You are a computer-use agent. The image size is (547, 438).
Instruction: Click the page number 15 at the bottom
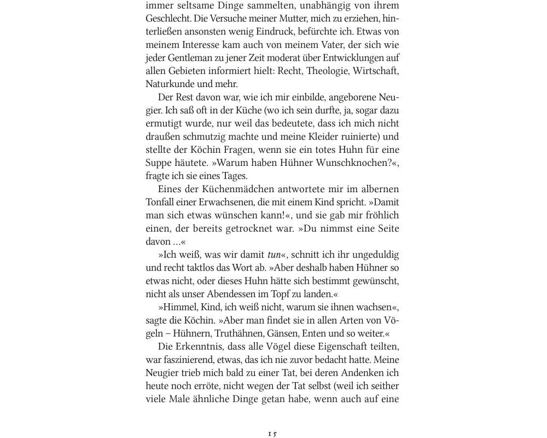click(x=272, y=434)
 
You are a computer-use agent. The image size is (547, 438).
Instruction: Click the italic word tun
click(x=274, y=255)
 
